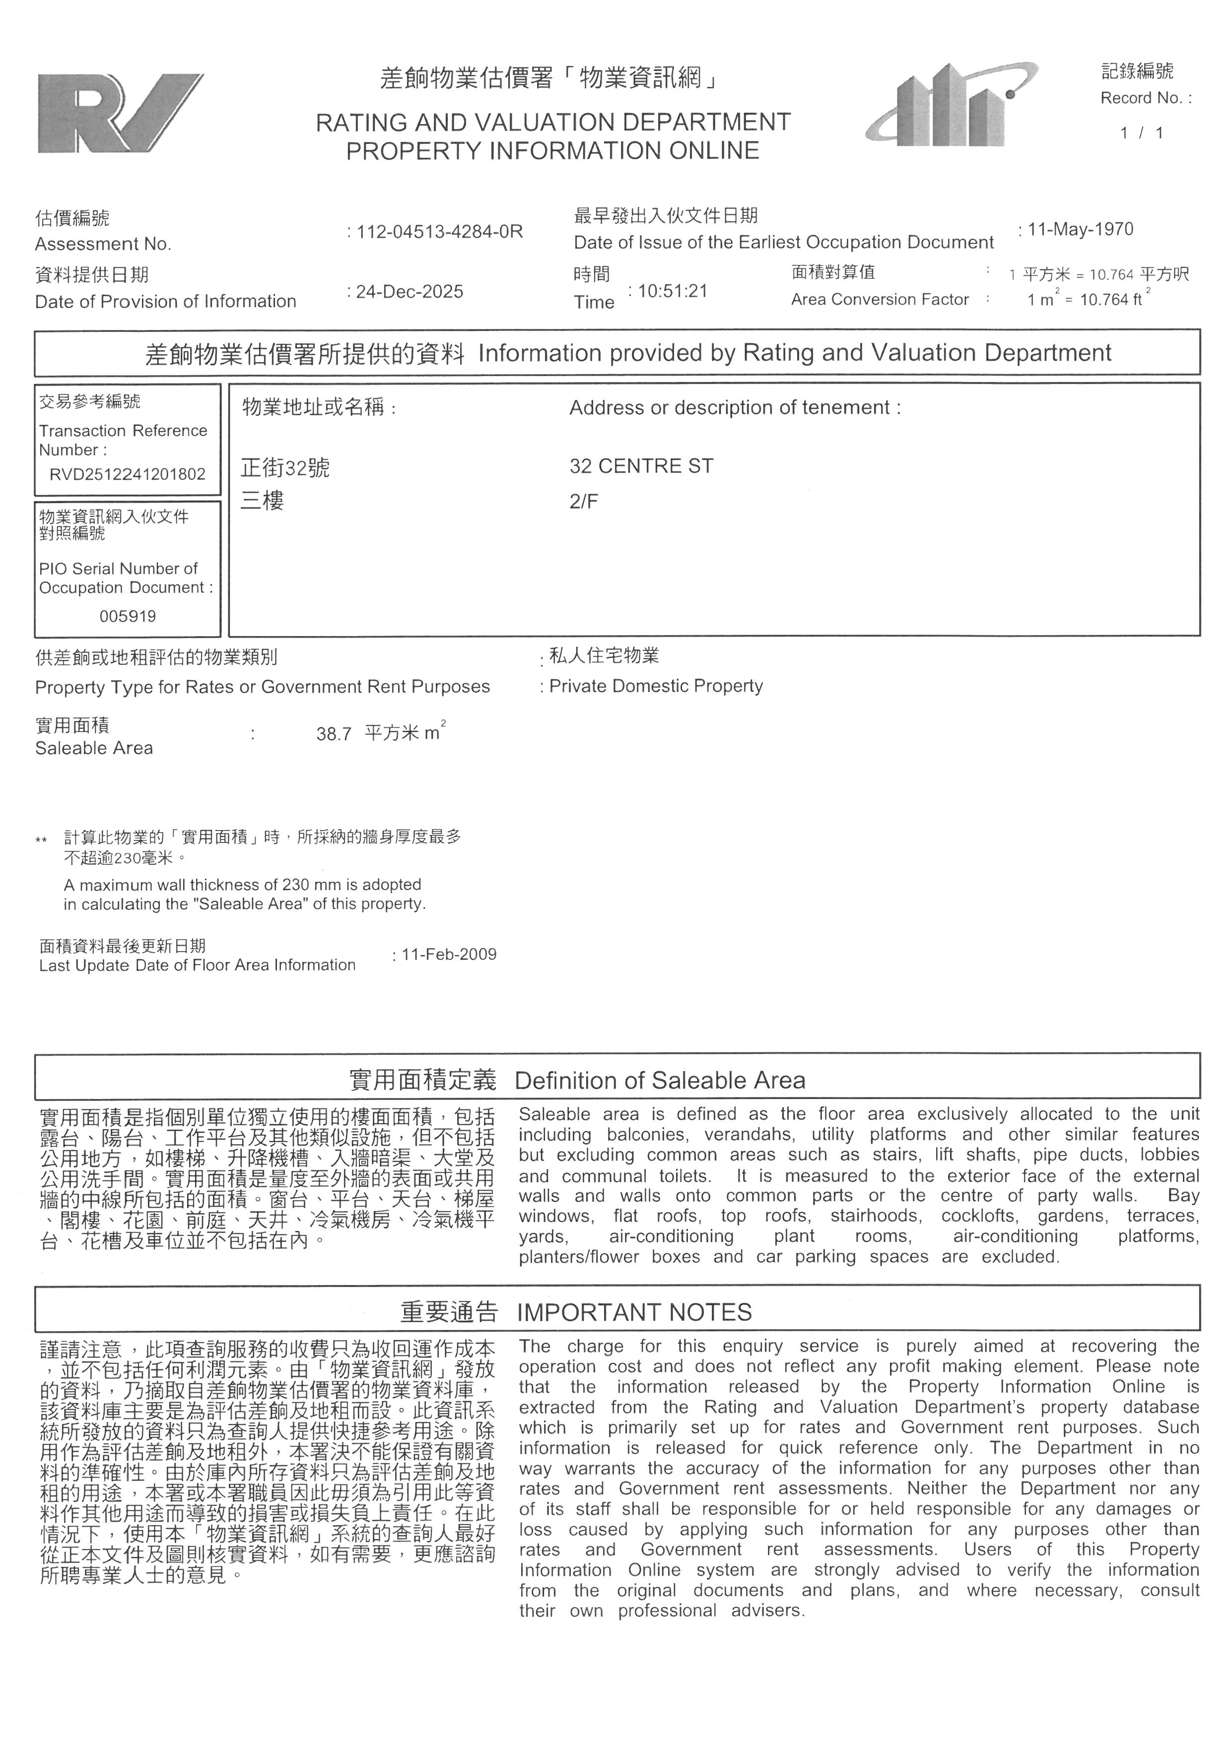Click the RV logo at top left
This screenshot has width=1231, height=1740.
click(x=120, y=114)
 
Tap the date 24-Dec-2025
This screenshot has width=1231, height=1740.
click(x=410, y=292)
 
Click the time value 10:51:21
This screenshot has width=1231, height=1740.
click(x=673, y=291)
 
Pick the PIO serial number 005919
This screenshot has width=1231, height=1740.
click(x=128, y=616)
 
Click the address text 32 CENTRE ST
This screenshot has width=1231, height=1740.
click(x=641, y=466)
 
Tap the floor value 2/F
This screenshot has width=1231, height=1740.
click(x=584, y=501)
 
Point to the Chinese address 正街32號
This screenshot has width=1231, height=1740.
click(x=285, y=467)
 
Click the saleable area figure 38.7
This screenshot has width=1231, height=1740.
click(x=334, y=734)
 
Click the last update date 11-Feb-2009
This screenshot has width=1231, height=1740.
click(x=449, y=954)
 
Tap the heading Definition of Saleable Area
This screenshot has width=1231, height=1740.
click(x=660, y=1081)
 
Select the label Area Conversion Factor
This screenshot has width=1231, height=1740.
click(x=879, y=299)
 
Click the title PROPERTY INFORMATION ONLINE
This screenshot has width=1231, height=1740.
click(x=552, y=151)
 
